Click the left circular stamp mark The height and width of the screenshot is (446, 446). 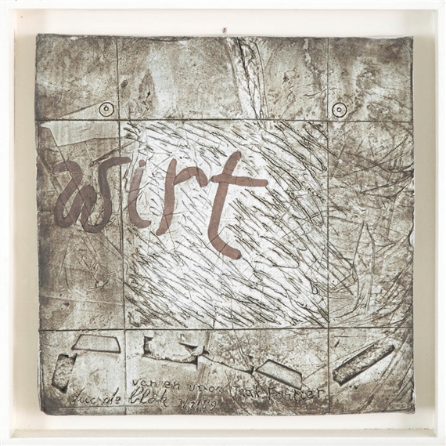(x=106, y=110)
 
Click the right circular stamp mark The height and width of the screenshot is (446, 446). (x=339, y=110)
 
